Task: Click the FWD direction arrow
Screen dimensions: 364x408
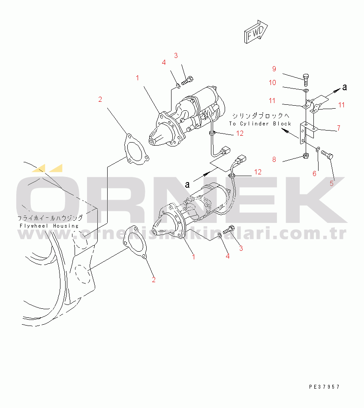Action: (x=256, y=32)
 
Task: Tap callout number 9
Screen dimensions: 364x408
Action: (x=274, y=69)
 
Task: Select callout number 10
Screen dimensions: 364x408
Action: (x=272, y=82)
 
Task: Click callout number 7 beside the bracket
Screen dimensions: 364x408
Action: (x=339, y=128)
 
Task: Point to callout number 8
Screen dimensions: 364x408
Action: (x=274, y=159)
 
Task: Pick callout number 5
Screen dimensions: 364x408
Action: (x=331, y=183)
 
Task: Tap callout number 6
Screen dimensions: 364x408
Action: (x=314, y=174)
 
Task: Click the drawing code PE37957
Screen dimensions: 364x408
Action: (x=324, y=387)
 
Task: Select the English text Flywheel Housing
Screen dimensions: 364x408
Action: (x=49, y=226)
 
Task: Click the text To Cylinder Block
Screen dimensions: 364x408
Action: (x=260, y=124)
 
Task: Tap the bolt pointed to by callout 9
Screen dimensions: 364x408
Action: (x=306, y=80)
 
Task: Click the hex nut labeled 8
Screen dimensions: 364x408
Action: (x=306, y=156)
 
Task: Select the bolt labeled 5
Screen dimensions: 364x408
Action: (x=327, y=155)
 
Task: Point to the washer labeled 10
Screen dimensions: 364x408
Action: (x=306, y=91)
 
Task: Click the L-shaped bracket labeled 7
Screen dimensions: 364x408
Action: (x=307, y=133)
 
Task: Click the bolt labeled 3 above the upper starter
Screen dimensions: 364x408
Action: (x=187, y=80)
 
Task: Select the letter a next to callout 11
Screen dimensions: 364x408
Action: (x=345, y=87)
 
